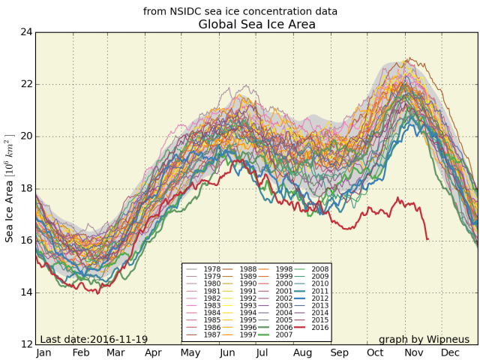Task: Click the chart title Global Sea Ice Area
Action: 256,25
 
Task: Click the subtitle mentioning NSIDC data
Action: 240,11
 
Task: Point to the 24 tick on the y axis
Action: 25,32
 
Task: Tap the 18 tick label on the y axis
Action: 25,188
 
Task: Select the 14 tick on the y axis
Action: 25,292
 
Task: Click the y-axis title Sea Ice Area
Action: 10,188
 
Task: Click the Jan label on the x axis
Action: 43,352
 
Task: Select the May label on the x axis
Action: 190,352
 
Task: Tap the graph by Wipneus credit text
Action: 424,340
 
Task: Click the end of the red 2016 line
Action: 427,239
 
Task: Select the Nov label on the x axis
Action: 414,352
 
